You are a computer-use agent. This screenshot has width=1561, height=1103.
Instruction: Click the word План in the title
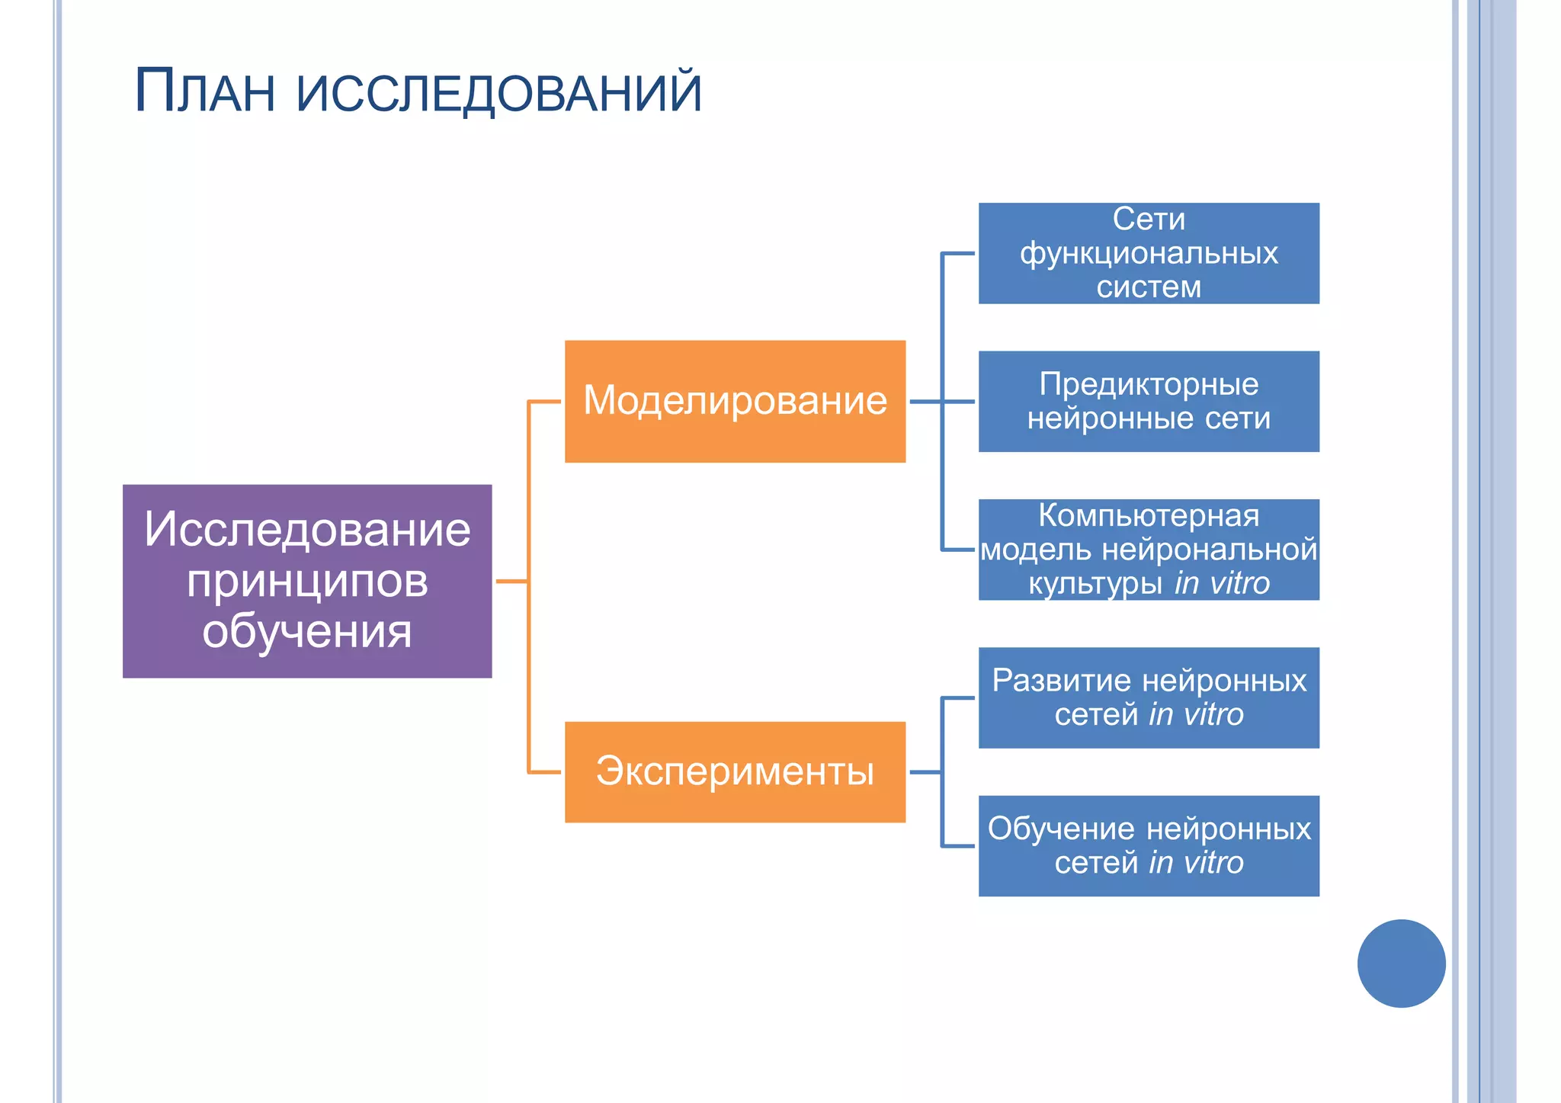(204, 91)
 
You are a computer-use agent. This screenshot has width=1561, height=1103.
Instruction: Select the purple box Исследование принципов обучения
(307, 581)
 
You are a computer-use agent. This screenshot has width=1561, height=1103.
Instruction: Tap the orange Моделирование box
(735, 401)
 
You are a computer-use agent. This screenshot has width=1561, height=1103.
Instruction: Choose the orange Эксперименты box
(735, 771)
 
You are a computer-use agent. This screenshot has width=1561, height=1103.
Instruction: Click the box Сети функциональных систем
(1149, 253)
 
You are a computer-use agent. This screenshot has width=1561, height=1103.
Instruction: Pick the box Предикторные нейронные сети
(1149, 401)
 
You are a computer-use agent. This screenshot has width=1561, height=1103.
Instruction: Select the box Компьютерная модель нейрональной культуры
(1149, 549)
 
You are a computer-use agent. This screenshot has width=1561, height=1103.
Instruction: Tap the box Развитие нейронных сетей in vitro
(1149, 697)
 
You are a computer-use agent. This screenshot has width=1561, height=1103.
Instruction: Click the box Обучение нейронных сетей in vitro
(1149, 845)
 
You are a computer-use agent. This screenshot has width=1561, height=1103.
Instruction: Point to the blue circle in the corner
(1401, 963)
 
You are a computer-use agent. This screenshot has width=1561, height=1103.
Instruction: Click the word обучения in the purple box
(307, 632)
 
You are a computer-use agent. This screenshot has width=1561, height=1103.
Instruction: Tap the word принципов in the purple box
(307, 581)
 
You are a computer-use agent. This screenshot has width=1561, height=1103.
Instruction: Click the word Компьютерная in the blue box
(1149, 516)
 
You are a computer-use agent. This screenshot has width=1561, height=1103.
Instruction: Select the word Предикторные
(1149, 384)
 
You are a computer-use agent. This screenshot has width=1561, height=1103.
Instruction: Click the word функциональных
(1149, 254)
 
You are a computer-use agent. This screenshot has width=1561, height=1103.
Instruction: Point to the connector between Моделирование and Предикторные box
(942, 401)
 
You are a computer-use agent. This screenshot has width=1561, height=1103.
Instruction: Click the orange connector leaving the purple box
(512, 581)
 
